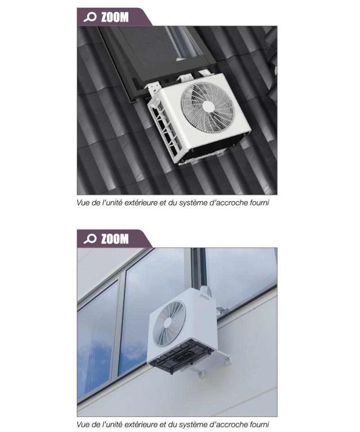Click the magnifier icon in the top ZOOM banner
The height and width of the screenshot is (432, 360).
pos(90,17)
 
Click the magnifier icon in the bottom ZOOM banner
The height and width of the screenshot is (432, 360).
pos(90,238)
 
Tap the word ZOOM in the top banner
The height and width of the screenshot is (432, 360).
pos(115,17)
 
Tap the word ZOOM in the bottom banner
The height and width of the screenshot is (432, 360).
pos(115,238)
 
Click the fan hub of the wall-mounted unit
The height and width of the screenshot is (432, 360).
pos(166,323)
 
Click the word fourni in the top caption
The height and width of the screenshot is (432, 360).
pos(260,203)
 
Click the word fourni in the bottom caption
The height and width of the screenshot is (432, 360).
pos(260,424)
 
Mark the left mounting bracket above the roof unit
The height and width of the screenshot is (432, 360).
pos(153,89)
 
